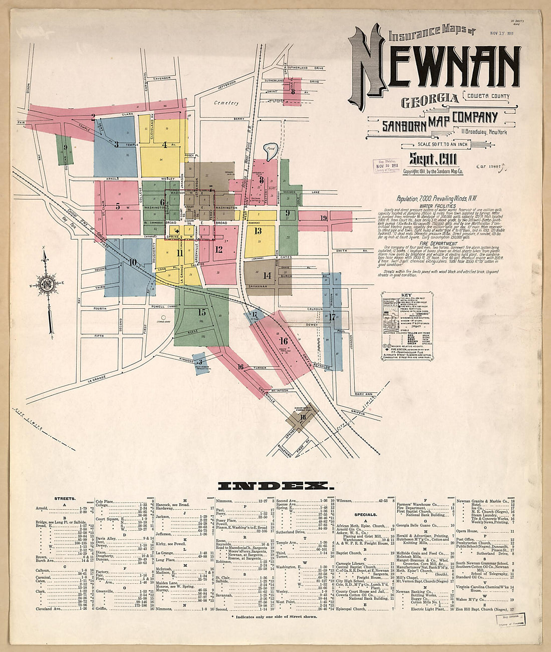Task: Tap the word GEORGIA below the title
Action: coord(430,100)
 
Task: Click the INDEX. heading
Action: coord(274,486)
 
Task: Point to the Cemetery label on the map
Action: coord(226,103)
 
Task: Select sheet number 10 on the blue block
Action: coord(132,262)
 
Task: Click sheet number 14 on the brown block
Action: coord(267,276)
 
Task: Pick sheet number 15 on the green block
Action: coord(201,312)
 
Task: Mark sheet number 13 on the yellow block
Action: coord(258,231)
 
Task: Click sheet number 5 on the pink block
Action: coord(118,206)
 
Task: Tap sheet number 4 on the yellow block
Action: coord(164,145)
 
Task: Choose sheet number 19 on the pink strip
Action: coord(324,218)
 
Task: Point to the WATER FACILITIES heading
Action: coord(437,206)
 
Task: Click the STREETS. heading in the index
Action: coord(65,499)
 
